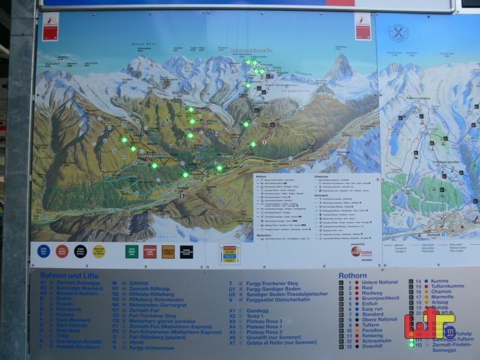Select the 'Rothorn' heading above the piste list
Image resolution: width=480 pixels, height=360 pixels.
tap(352, 276)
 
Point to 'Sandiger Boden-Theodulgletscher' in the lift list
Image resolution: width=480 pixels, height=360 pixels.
tap(287, 294)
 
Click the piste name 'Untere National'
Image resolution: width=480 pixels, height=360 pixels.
tap(379, 282)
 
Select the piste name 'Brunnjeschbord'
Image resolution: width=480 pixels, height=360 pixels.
tap(380, 298)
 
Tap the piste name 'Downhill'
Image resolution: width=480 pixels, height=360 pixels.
tap(373, 346)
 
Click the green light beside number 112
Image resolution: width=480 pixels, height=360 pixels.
tap(411, 345)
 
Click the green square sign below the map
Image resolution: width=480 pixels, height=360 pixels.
tap(131, 251)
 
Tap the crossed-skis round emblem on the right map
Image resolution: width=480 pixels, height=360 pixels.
tap(398, 32)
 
